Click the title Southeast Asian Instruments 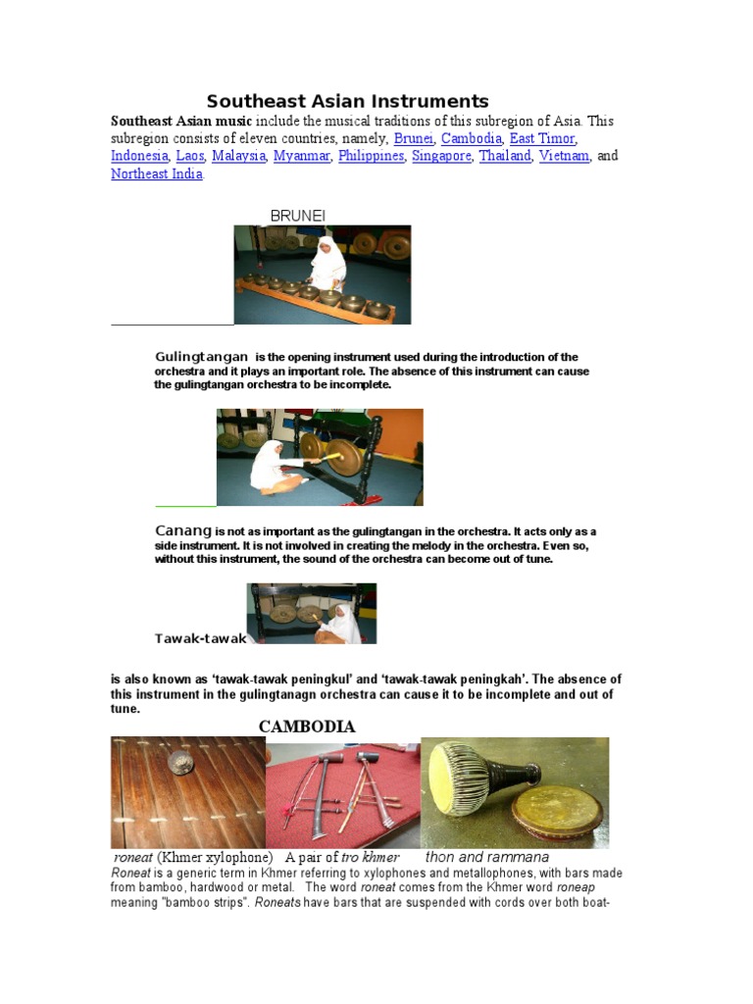click(347, 101)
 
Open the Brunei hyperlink click(413, 138)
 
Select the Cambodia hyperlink click(471, 138)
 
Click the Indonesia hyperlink click(139, 156)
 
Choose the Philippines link click(371, 156)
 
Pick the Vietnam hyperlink click(564, 156)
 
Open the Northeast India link click(157, 174)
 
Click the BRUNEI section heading click(297, 215)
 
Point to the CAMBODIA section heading click(306, 727)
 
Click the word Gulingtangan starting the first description click(201, 357)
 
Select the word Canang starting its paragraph click(183, 530)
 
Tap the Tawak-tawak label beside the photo click(200, 638)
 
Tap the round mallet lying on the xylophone click(179, 764)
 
